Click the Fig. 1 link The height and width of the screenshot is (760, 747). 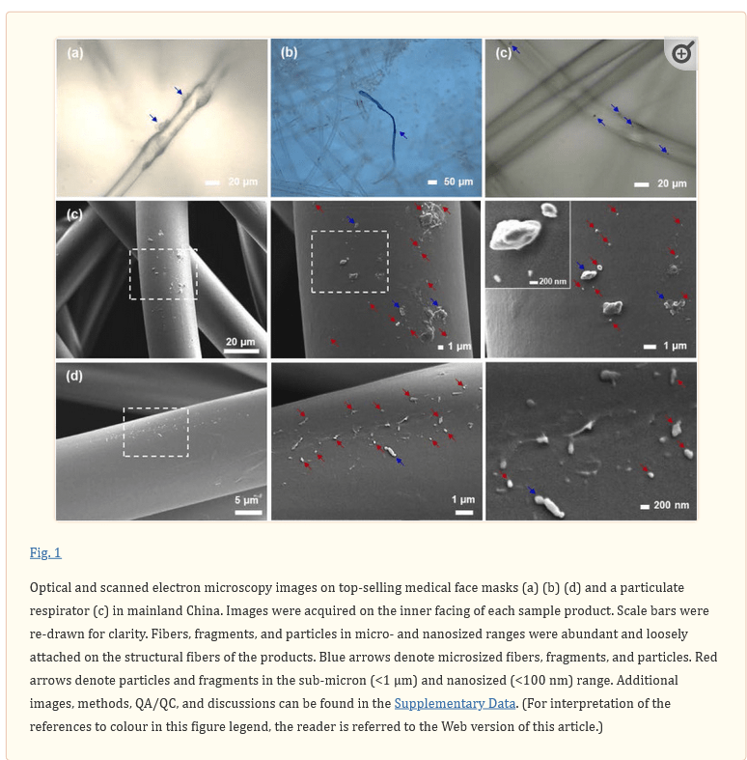pyautogui.click(x=45, y=552)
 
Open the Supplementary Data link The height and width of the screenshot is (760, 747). pyautogui.click(x=455, y=703)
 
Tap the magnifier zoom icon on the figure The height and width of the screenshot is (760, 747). pyautogui.click(x=682, y=53)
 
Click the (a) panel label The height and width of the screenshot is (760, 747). pyautogui.click(x=75, y=52)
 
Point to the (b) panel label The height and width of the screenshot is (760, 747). pyautogui.click(x=290, y=52)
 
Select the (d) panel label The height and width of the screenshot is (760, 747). pyautogui.click(x=74, y=376)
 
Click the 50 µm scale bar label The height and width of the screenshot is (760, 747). pyautogui.click(x=458, y=182)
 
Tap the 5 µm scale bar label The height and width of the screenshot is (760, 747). pyautogui.click(x=246, y=499)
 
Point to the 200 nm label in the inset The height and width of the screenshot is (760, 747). pyautogui.click(x=553, y=281)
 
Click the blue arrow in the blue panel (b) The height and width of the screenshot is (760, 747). pyautogui.click(x=402, y=135)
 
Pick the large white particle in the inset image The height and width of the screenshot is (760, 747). pyautogui.click(x=515, y=234)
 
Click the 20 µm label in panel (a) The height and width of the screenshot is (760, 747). pyautogui.click(x=242, y=182)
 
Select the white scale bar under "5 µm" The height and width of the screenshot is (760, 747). pyautogui.click(x=248, y=513)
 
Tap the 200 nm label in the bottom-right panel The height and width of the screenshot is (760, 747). pyautogui.click(x=671, y=505)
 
